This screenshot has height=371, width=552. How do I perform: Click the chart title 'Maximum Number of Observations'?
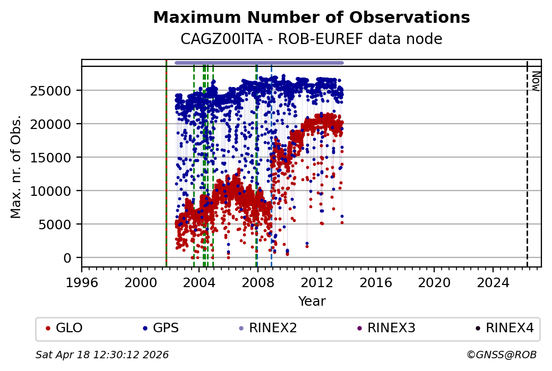point(311,18)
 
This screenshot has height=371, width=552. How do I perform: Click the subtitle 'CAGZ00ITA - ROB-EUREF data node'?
point(311,39)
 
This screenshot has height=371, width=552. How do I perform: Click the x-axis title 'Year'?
point(312,301)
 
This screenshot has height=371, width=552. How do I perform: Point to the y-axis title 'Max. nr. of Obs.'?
point(16,167)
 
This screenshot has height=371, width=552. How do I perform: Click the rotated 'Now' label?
point(536,81)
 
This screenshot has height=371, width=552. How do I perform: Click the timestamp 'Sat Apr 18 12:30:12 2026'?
point(102,355)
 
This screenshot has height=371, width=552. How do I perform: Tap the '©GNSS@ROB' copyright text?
point(502,355)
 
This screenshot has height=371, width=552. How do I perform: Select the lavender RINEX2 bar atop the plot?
point(259,63)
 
